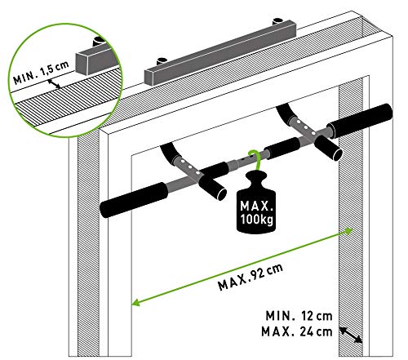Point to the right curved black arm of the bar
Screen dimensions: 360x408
[289, 113]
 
